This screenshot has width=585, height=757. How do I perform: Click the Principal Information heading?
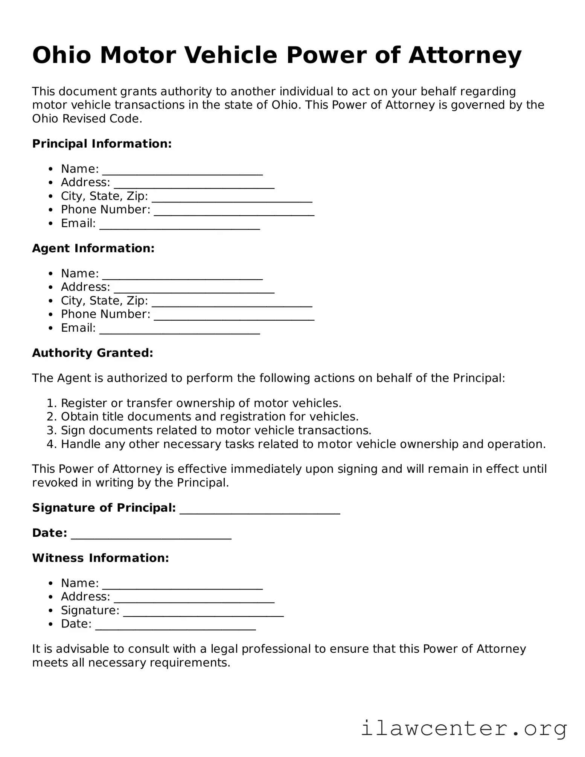click(102, 144)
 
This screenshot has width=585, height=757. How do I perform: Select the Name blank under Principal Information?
click(182, 170)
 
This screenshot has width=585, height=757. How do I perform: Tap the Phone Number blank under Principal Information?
click(234, 211)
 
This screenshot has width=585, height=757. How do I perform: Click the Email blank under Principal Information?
click(180, 225)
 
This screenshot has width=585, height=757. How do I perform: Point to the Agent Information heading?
click(93, 248)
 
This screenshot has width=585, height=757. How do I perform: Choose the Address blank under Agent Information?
click(194, 288)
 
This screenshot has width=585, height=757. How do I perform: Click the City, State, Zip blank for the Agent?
click(232, 302)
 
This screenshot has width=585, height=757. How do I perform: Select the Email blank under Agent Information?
click(180, 329)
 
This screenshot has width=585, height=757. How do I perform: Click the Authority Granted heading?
click(92, 353)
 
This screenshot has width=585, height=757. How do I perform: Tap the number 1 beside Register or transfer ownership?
click(50, 403)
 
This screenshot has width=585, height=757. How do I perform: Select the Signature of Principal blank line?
click(260, 509)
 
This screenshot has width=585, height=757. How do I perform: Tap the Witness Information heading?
click(100, 558)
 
